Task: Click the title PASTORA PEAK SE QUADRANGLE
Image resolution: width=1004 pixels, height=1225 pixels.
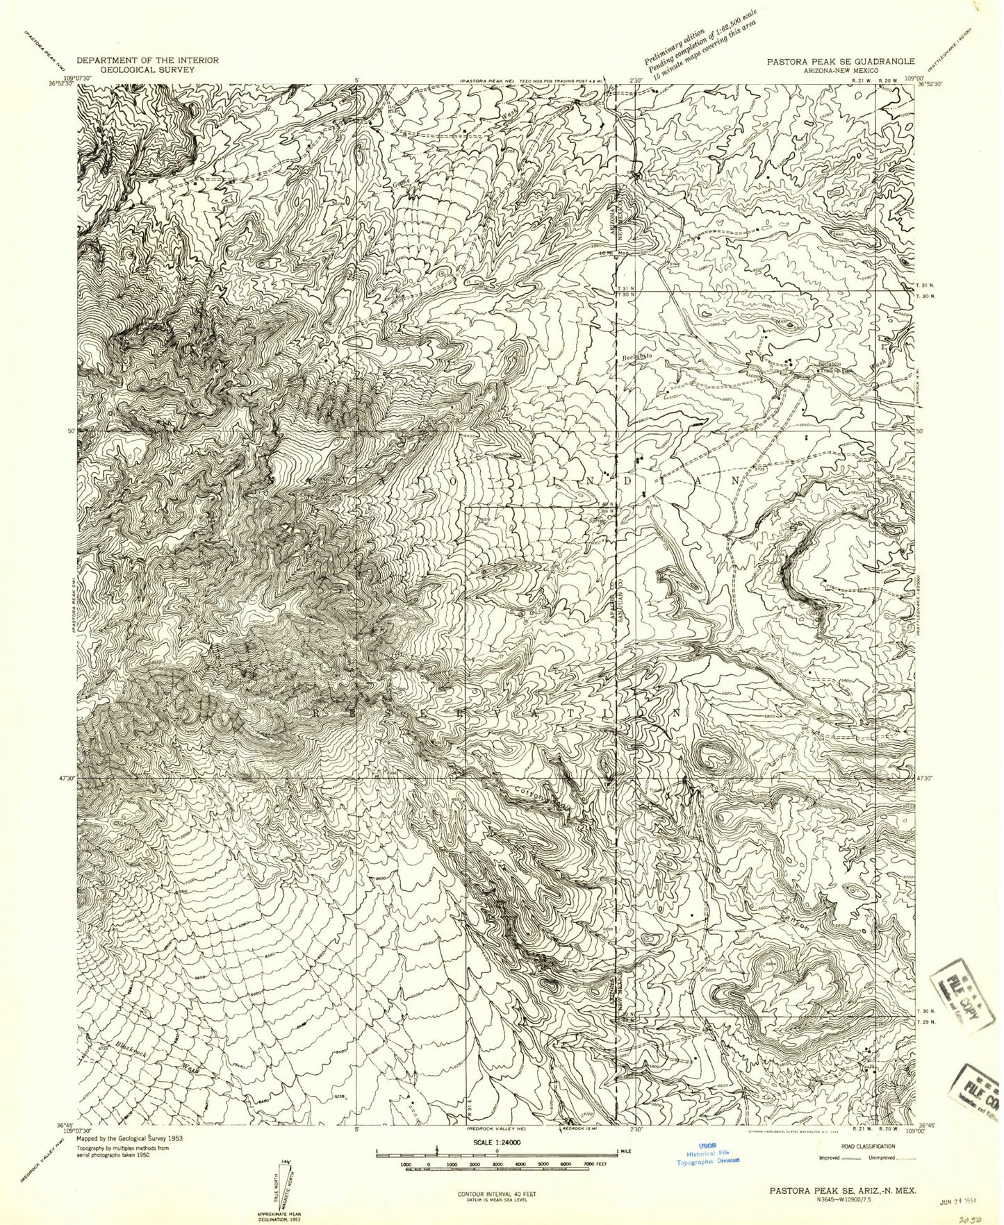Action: coord(841,61)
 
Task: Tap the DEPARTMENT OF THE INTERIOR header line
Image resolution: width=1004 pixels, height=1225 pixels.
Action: coord(147,60)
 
